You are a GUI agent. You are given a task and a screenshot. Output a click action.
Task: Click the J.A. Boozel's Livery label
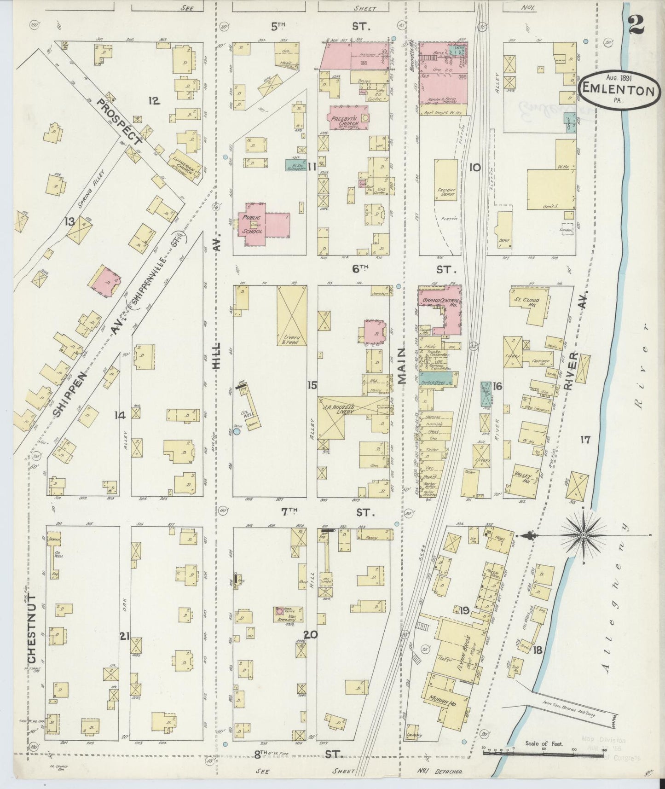tap(341, 409)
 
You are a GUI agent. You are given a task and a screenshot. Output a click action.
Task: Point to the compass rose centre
tap(584, 535)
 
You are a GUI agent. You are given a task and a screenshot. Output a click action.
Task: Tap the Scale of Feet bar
tap(506, 753)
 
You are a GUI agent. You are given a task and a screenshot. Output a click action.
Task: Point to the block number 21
tap(124, 636)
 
